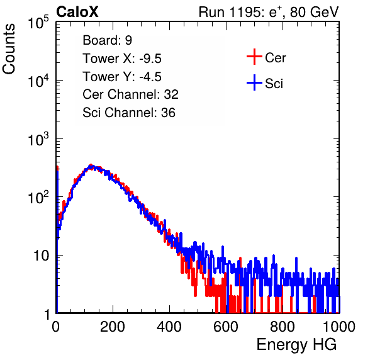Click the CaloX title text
77,12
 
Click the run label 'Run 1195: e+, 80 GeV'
269,12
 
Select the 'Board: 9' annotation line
107,40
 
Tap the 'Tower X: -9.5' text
122,59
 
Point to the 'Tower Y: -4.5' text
122,77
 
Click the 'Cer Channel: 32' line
130,94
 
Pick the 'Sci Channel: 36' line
129,113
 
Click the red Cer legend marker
254,57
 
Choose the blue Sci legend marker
254,82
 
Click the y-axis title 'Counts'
9,49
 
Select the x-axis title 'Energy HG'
296,345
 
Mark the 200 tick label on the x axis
113,327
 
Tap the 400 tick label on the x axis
169,327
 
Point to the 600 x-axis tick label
226,327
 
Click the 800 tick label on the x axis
283,327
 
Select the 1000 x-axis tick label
339,327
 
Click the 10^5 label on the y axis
38,22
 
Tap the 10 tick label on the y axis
42,256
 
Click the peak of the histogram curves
92,166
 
